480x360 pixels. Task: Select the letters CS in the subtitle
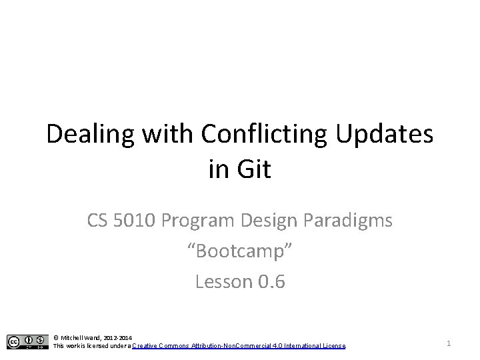coord(99,221)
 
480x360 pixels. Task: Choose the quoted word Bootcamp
coord(240,251)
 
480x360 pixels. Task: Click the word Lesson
coord(223,282)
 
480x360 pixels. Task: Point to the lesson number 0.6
coord(271,282)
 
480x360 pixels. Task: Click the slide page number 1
coord(449,343)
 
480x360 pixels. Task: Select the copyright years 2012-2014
coord(118,338)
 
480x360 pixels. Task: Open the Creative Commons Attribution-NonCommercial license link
coord(239,346)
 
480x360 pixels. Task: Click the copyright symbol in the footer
coord(56,338)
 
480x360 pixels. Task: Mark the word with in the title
coord(166,135)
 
